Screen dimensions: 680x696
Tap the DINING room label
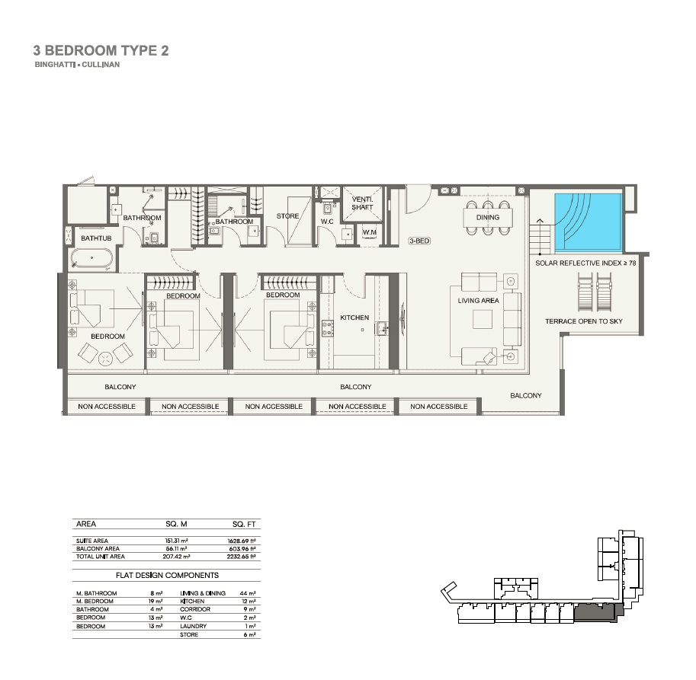point(488,218)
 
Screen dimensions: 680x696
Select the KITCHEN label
point(354,318)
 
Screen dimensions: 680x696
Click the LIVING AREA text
point(478,301)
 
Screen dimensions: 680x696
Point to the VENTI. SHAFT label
point(361,203)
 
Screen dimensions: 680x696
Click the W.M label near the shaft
point(369,232)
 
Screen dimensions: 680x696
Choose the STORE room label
point(288,216)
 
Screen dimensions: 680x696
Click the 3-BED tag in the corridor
point(419,240)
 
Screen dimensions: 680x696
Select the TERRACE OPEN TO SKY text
point(583,321)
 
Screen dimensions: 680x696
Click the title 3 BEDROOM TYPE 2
point(101,51)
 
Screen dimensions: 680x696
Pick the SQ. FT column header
point(245,524)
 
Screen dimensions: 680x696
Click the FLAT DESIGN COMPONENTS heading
point(167,576)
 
